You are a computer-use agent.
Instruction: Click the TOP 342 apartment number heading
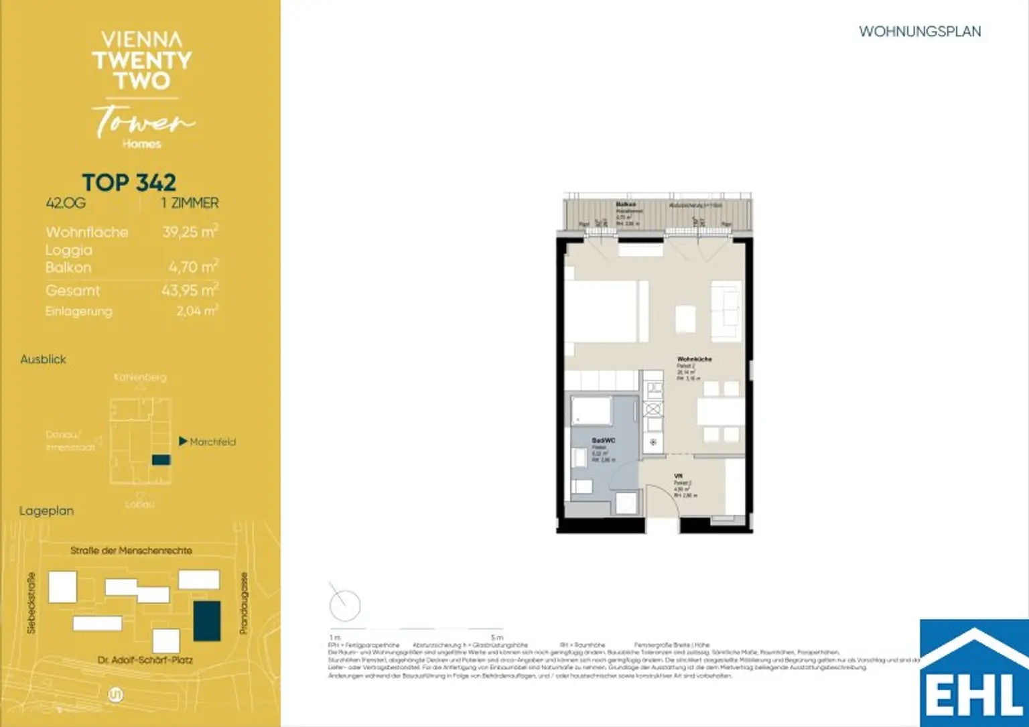tap(129, 183)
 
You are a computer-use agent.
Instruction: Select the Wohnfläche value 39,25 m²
tap(190, 232)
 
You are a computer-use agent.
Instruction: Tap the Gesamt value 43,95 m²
tap(190, 290)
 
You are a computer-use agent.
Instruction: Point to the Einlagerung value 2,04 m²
tap(197, 311)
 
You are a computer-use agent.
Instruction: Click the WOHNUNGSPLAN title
tap(919, 31)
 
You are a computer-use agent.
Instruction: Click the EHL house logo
tap(974, 673)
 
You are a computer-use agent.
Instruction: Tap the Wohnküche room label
tap(694, 359)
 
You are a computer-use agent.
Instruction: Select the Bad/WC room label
tap(603, 440)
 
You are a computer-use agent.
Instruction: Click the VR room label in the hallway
tap(678, 476)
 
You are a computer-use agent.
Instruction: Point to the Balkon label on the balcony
tap(625, 204)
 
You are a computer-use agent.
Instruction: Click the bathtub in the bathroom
tap(591, 411)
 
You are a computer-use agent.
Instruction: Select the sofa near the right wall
tap(726, 312)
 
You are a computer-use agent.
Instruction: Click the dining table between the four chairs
tap(721, 411)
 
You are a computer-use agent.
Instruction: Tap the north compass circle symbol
tap(345, 605)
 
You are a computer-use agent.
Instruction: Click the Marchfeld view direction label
tap(212, 442)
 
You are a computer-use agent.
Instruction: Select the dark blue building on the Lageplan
tap(207, 620)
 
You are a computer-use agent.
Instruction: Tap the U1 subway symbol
tap(116, 695)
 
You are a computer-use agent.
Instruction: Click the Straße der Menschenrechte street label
tap(131, 551)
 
